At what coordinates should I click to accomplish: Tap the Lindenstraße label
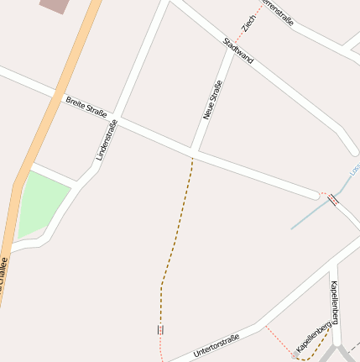107,140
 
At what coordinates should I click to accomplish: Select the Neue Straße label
213,102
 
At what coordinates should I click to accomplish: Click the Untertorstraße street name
216,344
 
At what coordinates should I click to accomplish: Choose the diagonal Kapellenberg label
312,336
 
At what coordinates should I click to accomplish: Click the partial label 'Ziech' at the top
248,24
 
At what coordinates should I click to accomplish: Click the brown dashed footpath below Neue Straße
176,227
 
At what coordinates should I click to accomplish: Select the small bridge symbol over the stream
333,200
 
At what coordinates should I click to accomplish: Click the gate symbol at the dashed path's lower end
159,329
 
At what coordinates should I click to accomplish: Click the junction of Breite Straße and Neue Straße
192,152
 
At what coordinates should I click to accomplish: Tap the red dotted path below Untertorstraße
277,340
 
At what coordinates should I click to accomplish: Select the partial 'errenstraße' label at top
279,11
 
